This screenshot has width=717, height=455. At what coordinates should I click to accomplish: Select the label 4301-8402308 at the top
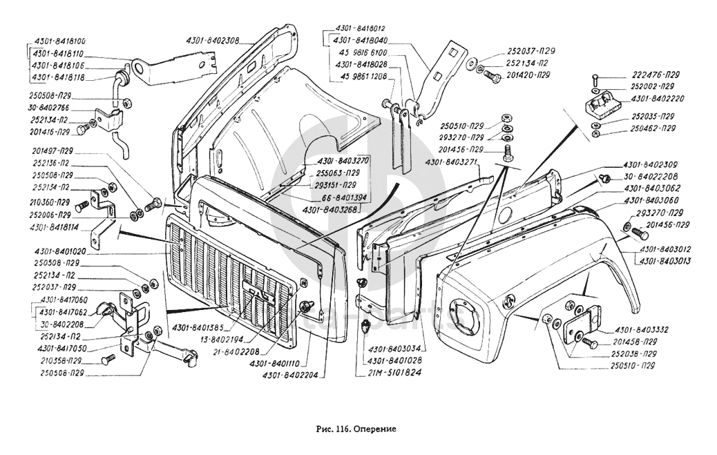pyautogui.click(x=212, y=40)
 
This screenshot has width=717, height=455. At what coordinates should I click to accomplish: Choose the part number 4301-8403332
pyautogui.click(x=638, y=329)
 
